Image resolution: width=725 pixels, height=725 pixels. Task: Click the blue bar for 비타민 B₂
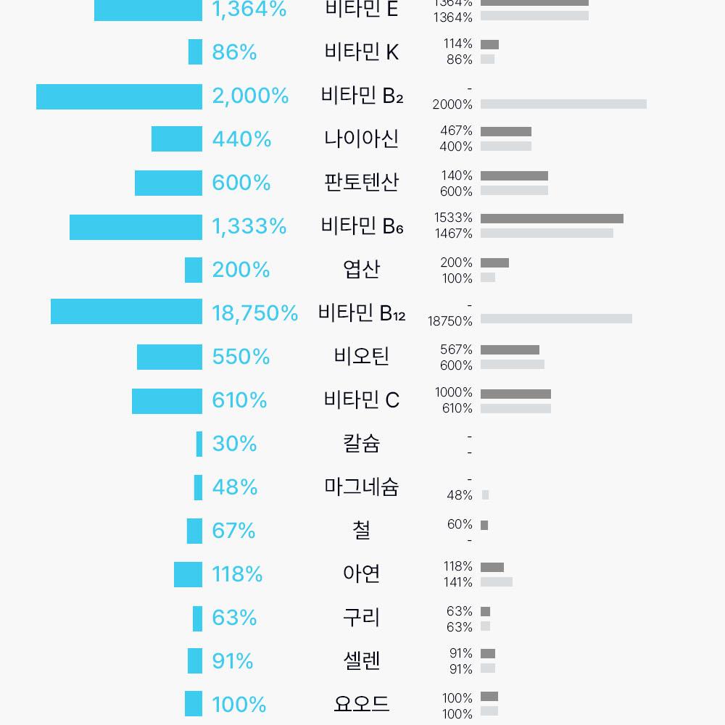[119, 97]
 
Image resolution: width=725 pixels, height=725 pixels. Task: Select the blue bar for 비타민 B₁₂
[126, 312]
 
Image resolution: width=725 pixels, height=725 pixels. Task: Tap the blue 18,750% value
[254, 313]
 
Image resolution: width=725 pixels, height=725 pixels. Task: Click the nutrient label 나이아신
[361, 139]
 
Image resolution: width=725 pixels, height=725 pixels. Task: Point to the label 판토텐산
[361, 182]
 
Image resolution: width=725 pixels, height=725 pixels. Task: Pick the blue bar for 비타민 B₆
[136, 227]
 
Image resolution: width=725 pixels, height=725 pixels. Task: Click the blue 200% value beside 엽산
[241, 270]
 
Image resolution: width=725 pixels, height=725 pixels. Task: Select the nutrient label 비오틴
[361, 357]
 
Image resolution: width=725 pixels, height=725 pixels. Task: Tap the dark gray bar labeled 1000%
[515, 394]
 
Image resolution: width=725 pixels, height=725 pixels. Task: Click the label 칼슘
[361, 443]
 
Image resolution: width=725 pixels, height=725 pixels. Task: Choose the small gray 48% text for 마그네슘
[460, 495]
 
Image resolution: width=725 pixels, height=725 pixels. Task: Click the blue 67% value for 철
[233, 531]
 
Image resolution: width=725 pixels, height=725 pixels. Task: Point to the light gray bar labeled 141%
[496, 581]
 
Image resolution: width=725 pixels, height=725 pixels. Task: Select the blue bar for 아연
[188, 575]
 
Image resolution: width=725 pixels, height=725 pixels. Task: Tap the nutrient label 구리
[361, 618]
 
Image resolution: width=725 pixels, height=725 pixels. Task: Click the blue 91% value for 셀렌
[233, 661]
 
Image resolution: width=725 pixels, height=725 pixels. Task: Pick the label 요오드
[361, 704]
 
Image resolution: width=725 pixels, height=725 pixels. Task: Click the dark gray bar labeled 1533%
[552, 218]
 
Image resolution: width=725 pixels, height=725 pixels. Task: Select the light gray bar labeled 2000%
[563, 104]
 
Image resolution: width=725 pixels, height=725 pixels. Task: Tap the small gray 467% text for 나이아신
[456, 130]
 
